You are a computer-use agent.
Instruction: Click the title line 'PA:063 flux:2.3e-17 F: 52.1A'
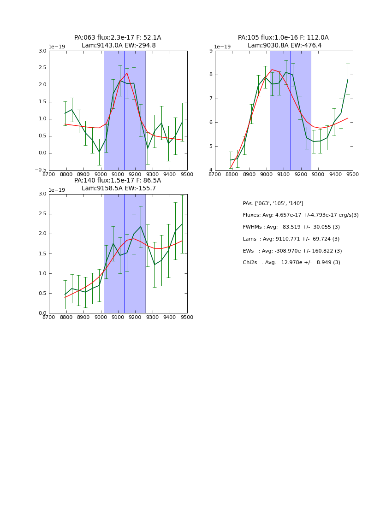click(118, 38)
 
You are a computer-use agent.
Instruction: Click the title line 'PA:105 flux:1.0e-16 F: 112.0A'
click(283, 38)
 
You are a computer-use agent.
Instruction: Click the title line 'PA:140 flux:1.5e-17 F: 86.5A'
click(118, 181)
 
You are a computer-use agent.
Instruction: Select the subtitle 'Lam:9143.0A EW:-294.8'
click(119, 46)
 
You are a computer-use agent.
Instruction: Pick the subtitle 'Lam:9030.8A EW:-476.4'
click(285, 46)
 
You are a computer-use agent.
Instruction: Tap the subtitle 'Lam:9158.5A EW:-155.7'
click(119, 189)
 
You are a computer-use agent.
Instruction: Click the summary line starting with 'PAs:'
click(273, 203)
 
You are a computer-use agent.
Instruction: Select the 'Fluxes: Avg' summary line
click(300, 215)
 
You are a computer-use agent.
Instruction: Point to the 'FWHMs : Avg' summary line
click(291, 227)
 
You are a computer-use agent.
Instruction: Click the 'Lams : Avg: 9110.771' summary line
click(291, 239)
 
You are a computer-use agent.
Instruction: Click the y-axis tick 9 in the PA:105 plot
click(210, 51)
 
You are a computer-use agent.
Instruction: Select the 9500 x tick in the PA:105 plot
click(353, 174)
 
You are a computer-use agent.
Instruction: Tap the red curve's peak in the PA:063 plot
click(127, 73)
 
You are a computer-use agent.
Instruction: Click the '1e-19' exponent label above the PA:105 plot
click(222, 47)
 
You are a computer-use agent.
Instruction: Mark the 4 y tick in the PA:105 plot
click(210, 170)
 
